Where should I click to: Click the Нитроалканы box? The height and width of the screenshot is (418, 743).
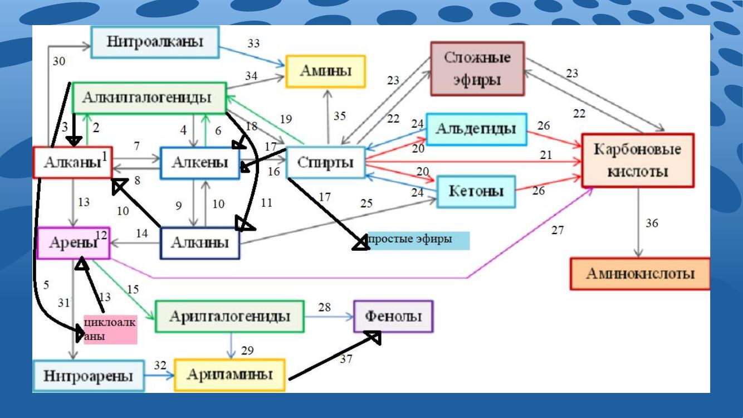155,42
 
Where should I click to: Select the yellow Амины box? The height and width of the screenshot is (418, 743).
326,71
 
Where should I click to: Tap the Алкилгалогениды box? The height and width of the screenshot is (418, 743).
149,98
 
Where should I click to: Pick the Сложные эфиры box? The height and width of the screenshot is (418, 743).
478,69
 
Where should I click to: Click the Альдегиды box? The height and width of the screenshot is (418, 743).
476,129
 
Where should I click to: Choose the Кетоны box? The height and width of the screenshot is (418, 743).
476,192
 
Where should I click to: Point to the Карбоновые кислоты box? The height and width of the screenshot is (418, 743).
638,161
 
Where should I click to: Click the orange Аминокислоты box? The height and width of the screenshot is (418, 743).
640,274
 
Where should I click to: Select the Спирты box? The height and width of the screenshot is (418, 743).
325,163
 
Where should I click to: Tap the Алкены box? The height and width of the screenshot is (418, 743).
200,163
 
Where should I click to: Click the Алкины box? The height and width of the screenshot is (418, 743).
200,243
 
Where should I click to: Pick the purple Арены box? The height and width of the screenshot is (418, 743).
74,243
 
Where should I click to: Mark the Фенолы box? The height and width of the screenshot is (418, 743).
393,317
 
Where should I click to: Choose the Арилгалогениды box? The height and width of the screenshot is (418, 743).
229,317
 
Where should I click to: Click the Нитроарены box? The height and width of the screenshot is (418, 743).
89,376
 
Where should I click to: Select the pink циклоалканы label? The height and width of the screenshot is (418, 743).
110,329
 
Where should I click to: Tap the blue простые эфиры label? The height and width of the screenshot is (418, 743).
419,240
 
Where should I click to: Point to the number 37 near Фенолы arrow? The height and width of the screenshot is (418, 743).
346,359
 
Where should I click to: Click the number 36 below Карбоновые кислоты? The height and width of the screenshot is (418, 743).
652,223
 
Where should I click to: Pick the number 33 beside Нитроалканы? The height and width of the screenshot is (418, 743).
254,43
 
